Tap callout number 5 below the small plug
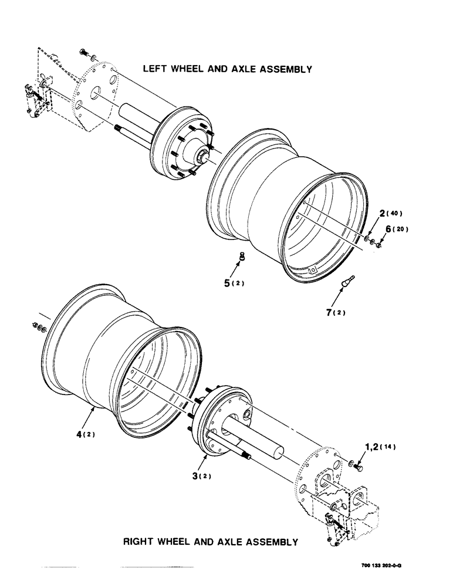coord(227,283)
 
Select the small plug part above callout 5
coord(242,256)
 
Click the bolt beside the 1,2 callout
coord(359,466)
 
